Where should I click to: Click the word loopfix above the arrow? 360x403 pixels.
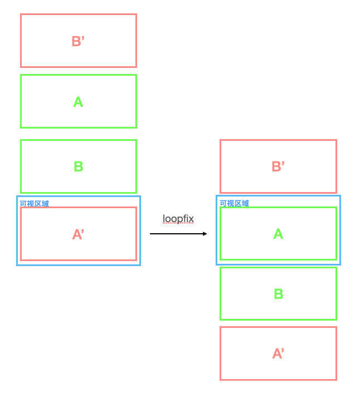point(178,219)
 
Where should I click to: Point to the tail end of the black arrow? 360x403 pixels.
point(150,234)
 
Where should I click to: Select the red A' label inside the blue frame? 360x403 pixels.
point(78,234)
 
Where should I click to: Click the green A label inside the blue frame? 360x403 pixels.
point(278,234)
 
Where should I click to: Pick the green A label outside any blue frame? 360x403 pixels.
point(78,102)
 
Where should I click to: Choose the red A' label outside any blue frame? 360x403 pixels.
point(278,353)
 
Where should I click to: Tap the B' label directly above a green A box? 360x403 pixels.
point(78,41)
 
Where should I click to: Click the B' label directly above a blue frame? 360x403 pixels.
point(278,166)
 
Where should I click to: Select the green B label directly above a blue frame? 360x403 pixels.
point(79,166)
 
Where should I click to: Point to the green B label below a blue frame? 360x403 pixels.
point(279,294)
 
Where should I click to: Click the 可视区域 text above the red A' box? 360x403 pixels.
point(34,204)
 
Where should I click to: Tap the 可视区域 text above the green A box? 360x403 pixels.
point(234,203)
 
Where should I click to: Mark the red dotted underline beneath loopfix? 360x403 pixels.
point(178,223)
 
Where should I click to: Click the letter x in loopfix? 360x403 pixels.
point(191,219)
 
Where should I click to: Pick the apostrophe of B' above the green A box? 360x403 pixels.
point(83,37)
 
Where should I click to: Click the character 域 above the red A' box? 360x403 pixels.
point(45,204)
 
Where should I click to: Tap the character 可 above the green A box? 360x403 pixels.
point(223,203)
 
